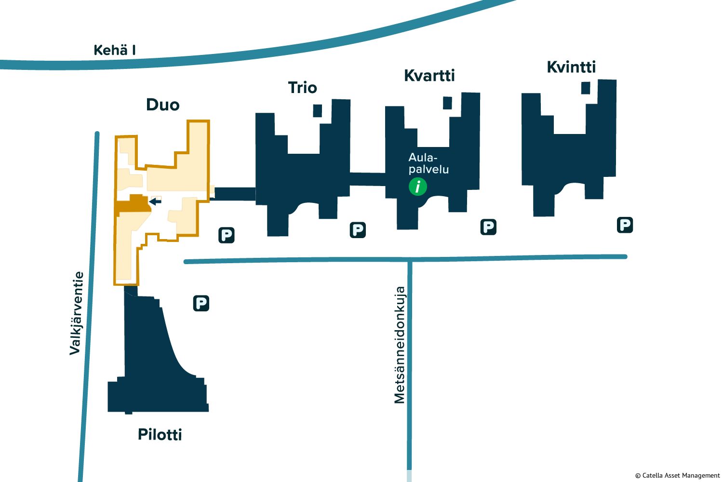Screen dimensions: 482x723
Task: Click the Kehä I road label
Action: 115,50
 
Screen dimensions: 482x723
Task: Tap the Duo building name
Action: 163,105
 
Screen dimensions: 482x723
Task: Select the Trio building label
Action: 302,88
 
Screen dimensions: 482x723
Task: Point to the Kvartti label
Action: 429,76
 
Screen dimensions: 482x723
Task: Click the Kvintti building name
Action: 571,67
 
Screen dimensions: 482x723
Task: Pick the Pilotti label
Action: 160,434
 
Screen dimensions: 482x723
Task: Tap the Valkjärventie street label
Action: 77,313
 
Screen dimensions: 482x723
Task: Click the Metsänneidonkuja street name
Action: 400,345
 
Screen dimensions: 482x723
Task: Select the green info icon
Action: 418,186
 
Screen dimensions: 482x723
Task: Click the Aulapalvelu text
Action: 428,163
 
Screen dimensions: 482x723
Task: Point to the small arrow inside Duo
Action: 155,201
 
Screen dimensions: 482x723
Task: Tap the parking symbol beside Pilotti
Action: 201,303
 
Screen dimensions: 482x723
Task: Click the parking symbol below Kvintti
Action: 625,225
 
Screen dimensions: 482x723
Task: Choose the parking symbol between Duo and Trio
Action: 226,235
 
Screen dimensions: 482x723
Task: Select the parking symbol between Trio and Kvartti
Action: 358,230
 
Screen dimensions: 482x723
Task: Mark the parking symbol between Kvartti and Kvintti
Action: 488,227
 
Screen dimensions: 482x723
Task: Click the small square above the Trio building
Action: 317,110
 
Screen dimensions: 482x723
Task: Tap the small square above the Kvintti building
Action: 586,88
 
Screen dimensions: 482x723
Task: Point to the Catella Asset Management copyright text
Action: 677,476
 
